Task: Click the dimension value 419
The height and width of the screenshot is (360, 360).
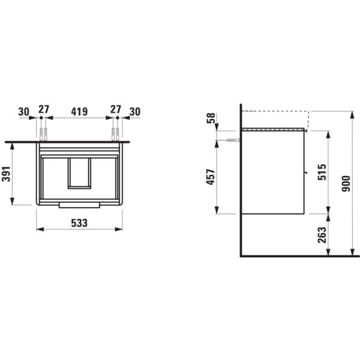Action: click(x=79, y=111)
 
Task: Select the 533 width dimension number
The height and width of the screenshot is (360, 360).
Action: click(x=79, y=222)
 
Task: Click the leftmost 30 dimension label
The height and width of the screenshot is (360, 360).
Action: click(x=23, y=111)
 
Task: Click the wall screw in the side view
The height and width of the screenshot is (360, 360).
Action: click(x=233, y=140)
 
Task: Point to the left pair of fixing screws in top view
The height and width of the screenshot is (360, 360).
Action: click(x=43, y=133)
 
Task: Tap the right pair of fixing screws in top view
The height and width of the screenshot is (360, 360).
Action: click(x=115, y=133)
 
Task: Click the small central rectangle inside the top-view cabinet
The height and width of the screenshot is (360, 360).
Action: click(x=79, y=173)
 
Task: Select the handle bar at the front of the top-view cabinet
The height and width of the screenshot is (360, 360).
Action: click(x=79, y=205)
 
